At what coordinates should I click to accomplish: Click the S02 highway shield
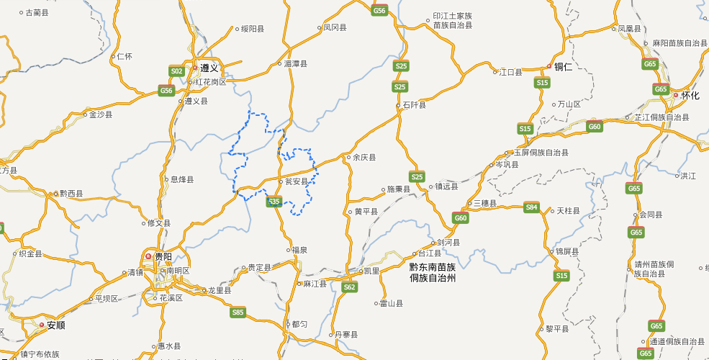pos(176,71)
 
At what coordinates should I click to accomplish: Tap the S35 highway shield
pos(274,202)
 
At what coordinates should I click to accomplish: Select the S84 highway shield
pos(531,207)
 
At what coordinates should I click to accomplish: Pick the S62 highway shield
pos(349,287)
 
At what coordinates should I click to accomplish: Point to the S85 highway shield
pos(238,312)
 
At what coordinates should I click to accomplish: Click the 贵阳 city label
pos(163,256)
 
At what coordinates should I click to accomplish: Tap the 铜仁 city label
pos(563,67)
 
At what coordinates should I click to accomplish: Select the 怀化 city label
pos(690,95)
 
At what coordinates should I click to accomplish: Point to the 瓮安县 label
pos(297,181)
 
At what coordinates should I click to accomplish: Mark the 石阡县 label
pos(414,105)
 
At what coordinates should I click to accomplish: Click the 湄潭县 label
pos(295,64)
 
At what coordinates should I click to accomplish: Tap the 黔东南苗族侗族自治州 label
pos(433,272)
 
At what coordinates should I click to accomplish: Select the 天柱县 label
pos(569,210)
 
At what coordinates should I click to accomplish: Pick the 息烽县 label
pos(181,179)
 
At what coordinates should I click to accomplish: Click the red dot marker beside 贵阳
pos(148,256)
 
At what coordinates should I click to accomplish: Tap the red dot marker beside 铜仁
pos(548,67)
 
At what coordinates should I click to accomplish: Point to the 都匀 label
pos(299,324)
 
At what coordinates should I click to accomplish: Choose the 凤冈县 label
pos(335,28)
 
